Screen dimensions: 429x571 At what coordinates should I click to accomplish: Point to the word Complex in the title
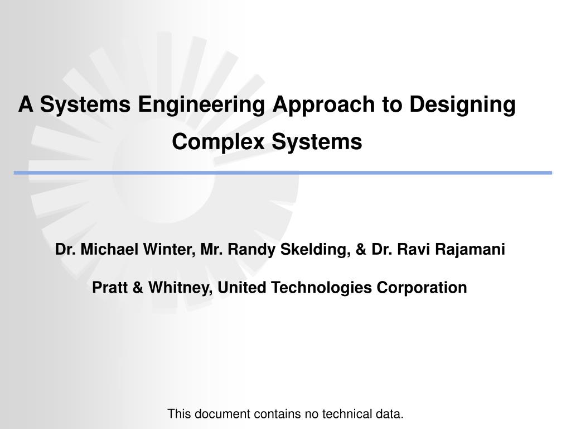(x=219, y=142)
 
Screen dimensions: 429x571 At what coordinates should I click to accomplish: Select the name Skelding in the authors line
(x=315, y=249)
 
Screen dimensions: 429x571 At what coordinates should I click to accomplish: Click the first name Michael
(x=111, y=249)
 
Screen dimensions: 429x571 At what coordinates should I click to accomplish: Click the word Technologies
(x=322, y=288)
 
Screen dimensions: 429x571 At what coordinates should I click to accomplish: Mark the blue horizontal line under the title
(x=283, y=173)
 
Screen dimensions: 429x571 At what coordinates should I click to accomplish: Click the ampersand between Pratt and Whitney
(x=137, y=288)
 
